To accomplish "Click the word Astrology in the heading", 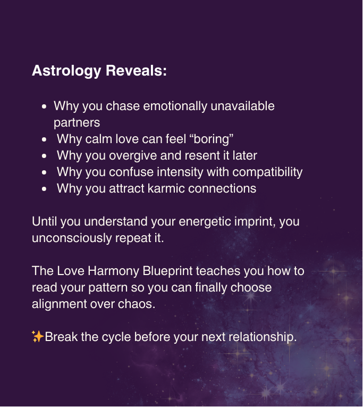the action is point(66,71).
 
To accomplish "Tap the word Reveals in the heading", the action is point(136,71).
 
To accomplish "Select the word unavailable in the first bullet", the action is point(242,106).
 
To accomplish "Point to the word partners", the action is point(77,123).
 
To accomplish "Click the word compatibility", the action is point(267,172).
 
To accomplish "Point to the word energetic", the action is point(205,222).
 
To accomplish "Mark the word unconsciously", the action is point(72,238).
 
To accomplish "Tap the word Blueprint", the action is point(168,271).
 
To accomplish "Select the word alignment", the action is point(60,304).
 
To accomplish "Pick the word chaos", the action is point(137,304).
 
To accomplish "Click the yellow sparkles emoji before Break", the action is point(38,337).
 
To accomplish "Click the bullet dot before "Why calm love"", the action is point(44,139).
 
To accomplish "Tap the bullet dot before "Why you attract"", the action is point(44,189).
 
